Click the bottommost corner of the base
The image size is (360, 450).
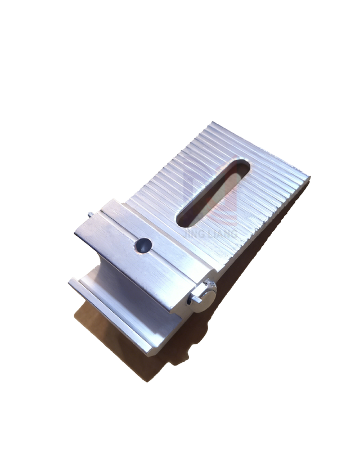tap(149, 354)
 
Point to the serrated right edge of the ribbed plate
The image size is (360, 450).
tap(264, 225)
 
